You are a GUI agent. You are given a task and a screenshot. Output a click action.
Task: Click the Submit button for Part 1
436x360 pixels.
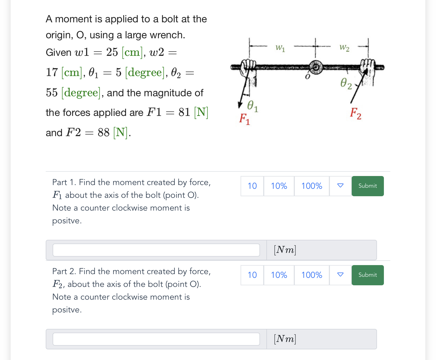[367, 186]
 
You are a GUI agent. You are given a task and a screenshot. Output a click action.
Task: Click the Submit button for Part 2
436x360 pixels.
[367, 275]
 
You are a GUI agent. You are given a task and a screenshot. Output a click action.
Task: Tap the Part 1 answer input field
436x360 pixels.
[156, 250]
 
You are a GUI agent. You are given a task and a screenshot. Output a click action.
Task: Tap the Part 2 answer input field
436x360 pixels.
[156, 339]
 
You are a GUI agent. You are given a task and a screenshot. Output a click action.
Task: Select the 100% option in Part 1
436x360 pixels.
[312, 186]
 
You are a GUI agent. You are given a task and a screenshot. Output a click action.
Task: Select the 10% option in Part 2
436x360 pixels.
[279, 275]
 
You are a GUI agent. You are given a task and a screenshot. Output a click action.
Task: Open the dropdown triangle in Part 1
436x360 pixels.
[340, 186]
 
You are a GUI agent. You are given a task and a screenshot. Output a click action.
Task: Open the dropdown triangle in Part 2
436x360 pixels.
[340, 275]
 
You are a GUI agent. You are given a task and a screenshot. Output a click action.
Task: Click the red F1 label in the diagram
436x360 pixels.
[244, 119]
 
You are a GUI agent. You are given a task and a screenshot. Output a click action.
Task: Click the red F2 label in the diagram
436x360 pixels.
[355, 113]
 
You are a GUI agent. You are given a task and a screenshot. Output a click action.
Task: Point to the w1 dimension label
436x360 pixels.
[280, 48]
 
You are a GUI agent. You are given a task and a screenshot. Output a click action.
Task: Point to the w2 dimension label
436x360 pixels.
[344, 48]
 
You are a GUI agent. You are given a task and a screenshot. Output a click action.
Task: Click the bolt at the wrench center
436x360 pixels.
[316, 67]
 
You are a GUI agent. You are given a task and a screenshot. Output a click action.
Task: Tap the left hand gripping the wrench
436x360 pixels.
[248, 70]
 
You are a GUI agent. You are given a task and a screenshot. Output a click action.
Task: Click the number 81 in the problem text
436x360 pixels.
[184, 112]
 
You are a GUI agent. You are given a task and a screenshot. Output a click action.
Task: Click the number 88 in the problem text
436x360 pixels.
[103, 132]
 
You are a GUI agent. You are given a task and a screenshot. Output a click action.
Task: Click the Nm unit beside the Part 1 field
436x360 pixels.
[285, 250]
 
